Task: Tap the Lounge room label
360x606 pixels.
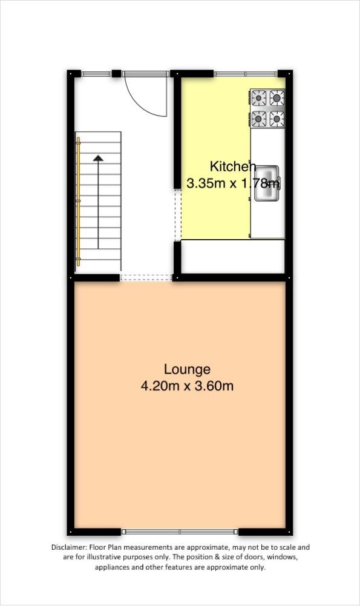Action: (x=188, y=369)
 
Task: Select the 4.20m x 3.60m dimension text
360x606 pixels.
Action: (x=188, y=386)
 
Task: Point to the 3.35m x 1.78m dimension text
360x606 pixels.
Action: (x=233, y=183)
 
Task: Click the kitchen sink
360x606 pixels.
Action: (x=267, y=183)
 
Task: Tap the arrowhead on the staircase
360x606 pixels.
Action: (x=98, y=157)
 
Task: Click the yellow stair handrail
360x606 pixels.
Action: (x=78, y=202)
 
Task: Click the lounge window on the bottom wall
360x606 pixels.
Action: (x=180, y=532)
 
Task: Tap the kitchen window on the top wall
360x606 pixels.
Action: (x=245, y=74)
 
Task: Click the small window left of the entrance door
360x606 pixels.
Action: (x=96, y=74)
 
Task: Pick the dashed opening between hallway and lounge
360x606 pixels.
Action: (x=146, y=277)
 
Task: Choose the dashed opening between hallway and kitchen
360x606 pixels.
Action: (x=178, y=215)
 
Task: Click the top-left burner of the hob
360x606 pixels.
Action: (x=259, y=98)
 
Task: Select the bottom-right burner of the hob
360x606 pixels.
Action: (x=277, y=119)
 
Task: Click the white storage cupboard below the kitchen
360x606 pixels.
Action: (x=233, y=256)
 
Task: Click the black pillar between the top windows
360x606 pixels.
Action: (x=116, y=73)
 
